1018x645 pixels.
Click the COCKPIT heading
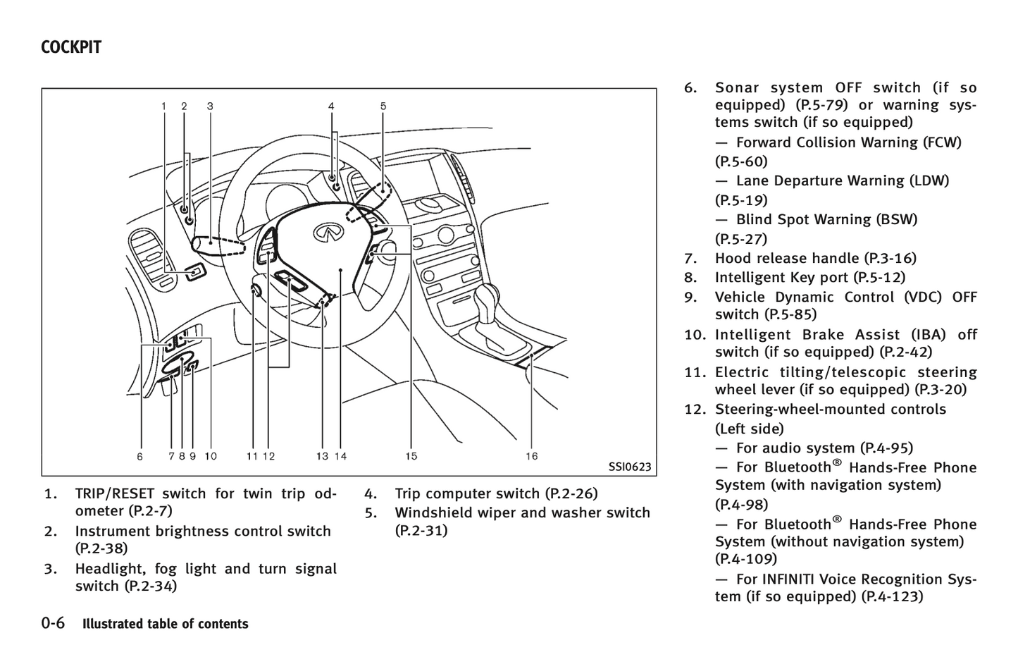pyautogui.click(x=71, y=47)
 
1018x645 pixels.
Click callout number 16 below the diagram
pyautogui.click(x=532, y=456)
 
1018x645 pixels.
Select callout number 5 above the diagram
pyautogui.click(x=383, y=106)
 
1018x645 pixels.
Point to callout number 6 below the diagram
pyautogui.click(x=140, y=456)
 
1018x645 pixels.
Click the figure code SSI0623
pyautogui.click(x=629, y=467)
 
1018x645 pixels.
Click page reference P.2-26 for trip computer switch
pyautogui.click(x=571, y=493)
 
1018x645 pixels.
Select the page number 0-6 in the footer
pyautogui.click(x=53, y=623)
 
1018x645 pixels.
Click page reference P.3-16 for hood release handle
pyautogui.click(x=893, y=258)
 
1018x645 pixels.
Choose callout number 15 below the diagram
pyautogui.click(x=411, y=456)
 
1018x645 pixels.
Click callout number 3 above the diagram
pyautogui.click(x=210, y=106)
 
